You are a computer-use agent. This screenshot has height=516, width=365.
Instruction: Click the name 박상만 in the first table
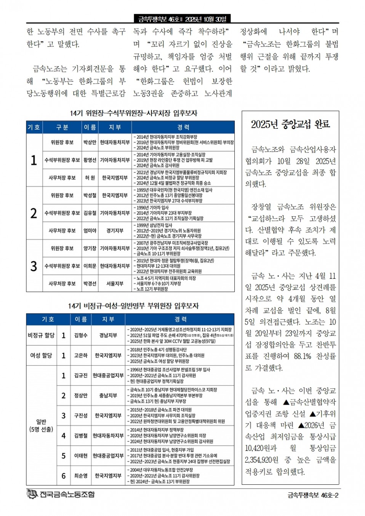coord(90,142)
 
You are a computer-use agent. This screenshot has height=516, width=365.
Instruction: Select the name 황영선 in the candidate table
coord(90,160)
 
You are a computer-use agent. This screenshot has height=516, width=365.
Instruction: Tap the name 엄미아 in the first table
coord(90,231)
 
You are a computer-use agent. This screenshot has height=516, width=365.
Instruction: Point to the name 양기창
coord(90,248)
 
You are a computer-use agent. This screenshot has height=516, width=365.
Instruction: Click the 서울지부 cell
coord(115,284)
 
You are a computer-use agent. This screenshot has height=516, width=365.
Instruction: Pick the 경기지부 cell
coord(115,231)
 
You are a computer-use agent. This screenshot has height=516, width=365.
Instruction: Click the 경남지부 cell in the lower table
coord(108,335)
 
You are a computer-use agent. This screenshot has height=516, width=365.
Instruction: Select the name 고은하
coord(81,356)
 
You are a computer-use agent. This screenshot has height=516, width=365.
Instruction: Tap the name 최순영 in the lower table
coord(81,476)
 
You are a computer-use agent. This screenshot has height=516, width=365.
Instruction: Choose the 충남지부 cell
coord(108,396)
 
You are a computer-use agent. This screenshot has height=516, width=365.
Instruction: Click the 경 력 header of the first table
coord(183,127)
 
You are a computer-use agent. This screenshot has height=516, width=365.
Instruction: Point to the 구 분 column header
coord(62,127)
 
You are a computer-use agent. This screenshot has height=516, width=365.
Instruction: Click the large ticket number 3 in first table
coord(34,266)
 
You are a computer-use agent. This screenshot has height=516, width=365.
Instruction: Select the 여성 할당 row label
coord(41,356)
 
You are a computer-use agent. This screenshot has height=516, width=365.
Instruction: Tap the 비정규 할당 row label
coord(41,335)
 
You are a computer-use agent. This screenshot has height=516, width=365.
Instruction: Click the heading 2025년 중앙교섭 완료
coord(290,125)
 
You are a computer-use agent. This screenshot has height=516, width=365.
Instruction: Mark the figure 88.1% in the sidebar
coord(303,356)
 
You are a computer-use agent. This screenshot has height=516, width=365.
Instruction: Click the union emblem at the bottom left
coord(32,494)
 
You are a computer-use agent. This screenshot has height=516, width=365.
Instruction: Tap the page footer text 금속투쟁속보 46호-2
coord(313,495)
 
